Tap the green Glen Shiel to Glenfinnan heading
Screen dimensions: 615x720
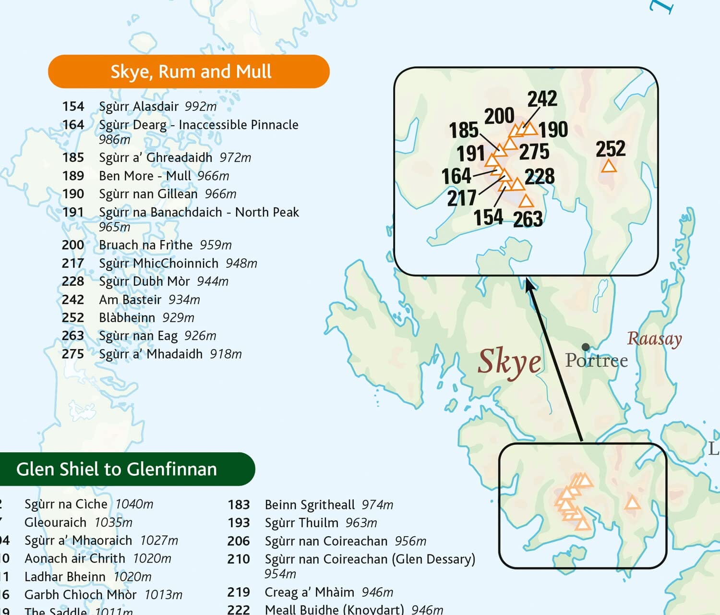pyautogui.click(x=117, y=469)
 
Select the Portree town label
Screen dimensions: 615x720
pyautogui.click(x=596, y=361)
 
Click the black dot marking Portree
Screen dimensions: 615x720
pyautogui.click(x=585, y=347)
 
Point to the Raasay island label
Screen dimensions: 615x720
pyautogui.click(x=654, y=339)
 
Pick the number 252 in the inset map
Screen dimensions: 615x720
pyautogui.click(x=611, y=149)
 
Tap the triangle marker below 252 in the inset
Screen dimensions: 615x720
pyautogui.click(x=609, y=167)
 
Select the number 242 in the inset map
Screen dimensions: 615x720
pyautogui.click(x=542, y=99)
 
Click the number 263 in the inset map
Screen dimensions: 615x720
pyautogui.click(x=528, y=219)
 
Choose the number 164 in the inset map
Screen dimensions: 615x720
pyautogui.click(x=456, y=176)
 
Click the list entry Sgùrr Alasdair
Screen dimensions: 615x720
pyautogui.click(x=139, y=106)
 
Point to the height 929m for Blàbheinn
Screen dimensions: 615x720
pyautogui.click(x=178, y=318)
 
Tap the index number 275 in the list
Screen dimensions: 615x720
pyautogui.click(x=73, y=354)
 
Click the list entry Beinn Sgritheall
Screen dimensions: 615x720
pyautogui.click(x=310, y=505)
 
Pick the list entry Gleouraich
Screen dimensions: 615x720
pyautogui.click(x=55, y=522)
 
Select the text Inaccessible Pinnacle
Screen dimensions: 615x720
pyautogui.click(x=238, y=125)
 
